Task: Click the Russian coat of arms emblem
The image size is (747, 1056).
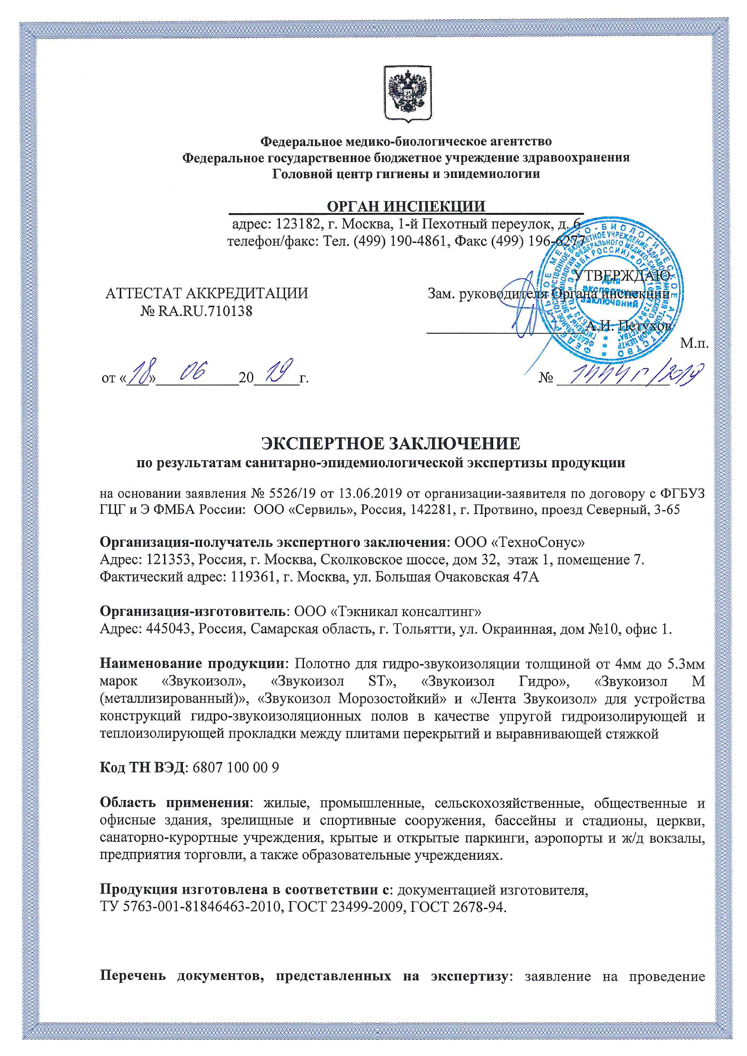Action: pyautogui.click(x=408, y=94)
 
